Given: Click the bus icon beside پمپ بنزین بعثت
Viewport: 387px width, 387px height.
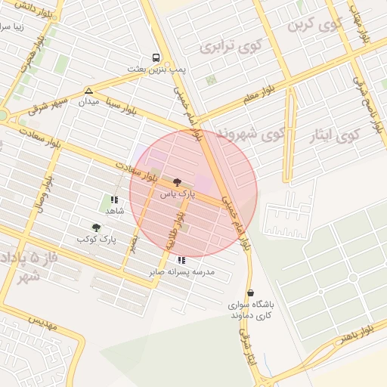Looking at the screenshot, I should tap(156, 57).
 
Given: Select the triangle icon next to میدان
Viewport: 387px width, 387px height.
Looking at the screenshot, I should tap(89, 91).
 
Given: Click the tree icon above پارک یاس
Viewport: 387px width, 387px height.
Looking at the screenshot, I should tap(177, 182).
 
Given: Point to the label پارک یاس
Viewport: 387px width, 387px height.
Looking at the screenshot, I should tap(177, 194).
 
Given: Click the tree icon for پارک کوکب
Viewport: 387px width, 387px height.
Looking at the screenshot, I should tap(96, 227).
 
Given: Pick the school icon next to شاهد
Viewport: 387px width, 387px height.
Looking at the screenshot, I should tap(113, 200).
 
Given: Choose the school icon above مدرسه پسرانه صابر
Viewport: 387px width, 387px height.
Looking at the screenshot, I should tap(181, 259).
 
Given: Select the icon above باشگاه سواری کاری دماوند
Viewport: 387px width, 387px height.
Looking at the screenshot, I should tap(250, 293).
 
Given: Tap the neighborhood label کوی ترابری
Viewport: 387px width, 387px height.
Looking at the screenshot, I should tap(224, 46).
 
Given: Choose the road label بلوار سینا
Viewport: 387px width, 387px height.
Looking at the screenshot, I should tap(128, 96).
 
